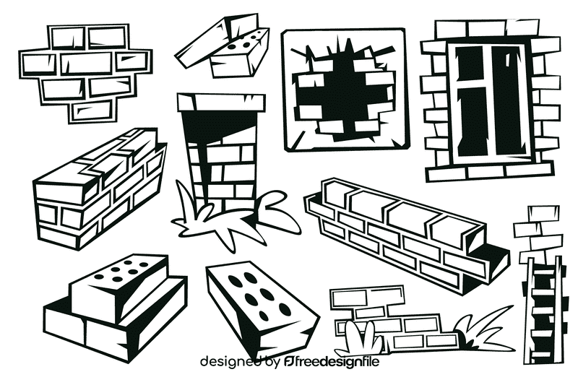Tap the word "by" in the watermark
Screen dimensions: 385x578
(x=272, y=360)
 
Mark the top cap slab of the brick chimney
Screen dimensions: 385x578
(x=220, y=102)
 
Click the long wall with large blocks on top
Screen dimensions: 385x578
(x=405, y=224)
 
